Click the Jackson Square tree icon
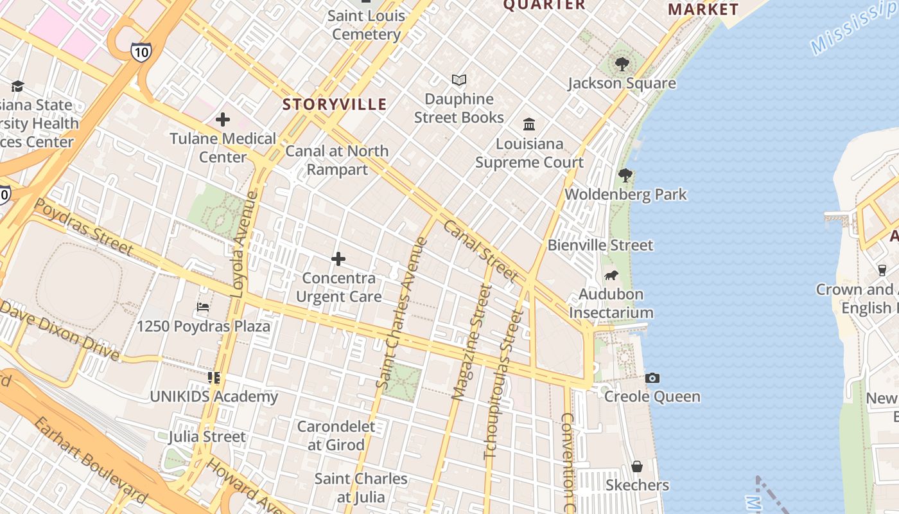[622, 64]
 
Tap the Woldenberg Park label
[625, 194]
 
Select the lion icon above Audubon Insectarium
[611, 276]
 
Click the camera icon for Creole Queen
[652, 378]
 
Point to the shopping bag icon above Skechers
[637, 466]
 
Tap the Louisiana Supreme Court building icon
[529, 124]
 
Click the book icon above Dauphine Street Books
[458, 80]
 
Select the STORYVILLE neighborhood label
[335, 104]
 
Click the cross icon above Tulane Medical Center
[223, 120]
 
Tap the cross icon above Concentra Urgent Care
[338, 259]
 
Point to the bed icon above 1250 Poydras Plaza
[203, 307]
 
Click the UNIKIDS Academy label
[214, 396]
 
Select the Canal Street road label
[480, 251]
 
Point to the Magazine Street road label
[472, 342]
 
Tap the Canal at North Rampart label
[337, 160]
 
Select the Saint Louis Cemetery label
[366, 24]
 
